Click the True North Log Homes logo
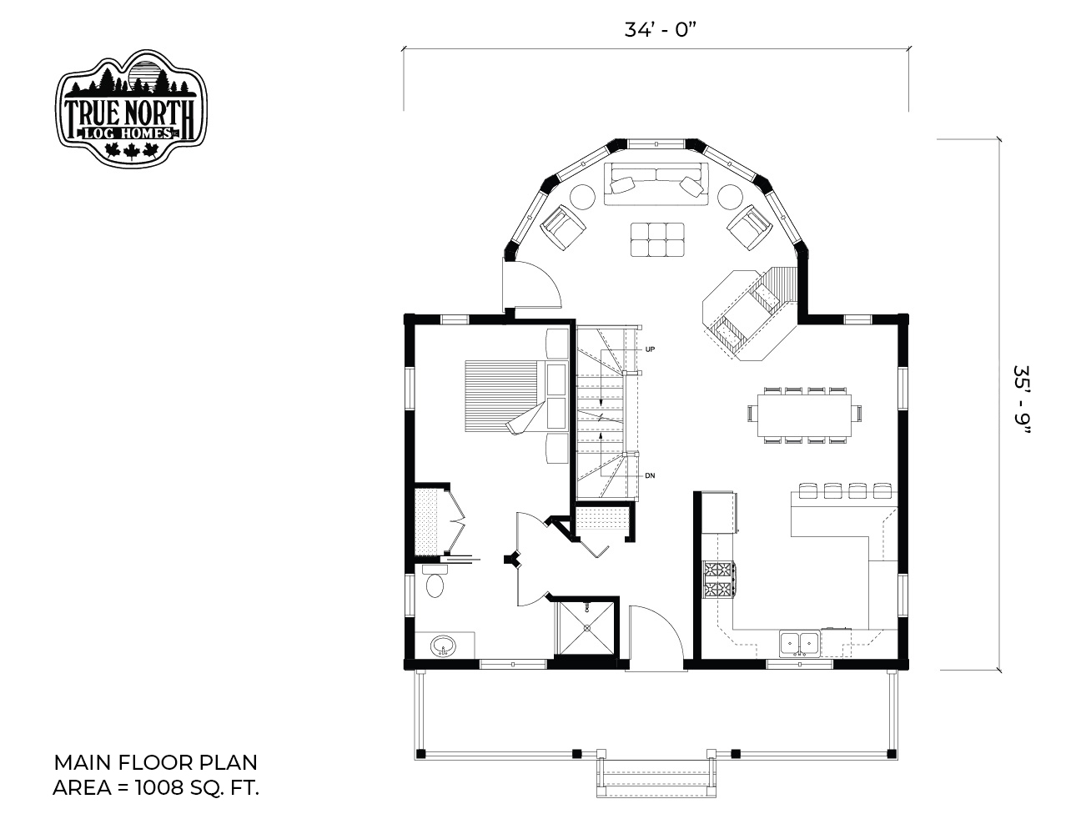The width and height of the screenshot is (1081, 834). pos(131,108)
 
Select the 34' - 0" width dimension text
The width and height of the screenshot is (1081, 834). pos(659,30)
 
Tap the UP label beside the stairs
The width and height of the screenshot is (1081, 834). pos(650,349)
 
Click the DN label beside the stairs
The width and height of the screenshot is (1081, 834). pos(650,475)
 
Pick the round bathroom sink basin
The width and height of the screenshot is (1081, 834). pos(443,646)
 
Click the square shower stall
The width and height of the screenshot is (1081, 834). pos(586,627)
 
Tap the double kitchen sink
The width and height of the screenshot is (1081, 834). pos(800,644)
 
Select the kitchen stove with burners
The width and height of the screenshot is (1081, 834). pos(718,580)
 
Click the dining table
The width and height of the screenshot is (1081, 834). pos(804,415)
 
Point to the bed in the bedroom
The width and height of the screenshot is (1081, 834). pos(507,396)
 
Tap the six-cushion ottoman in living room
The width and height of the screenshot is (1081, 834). pos(657,239)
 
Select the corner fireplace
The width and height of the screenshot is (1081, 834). pos(750,314)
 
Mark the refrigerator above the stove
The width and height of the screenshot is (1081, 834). pos(719,512)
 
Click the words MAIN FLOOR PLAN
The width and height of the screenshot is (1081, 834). pos(156,762)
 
